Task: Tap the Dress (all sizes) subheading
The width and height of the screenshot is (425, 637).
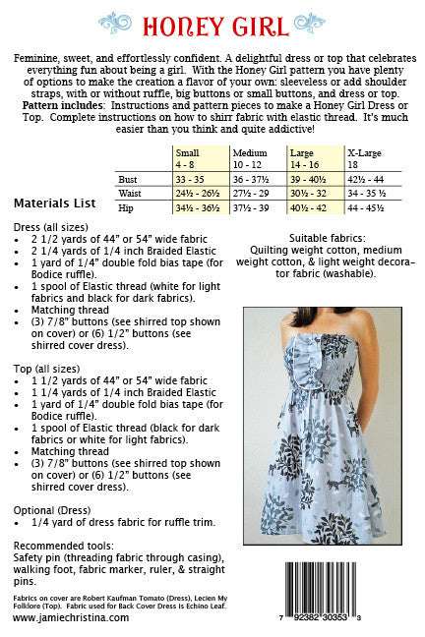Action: pos(48,226)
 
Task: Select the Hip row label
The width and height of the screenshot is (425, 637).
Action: pos(126,208)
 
